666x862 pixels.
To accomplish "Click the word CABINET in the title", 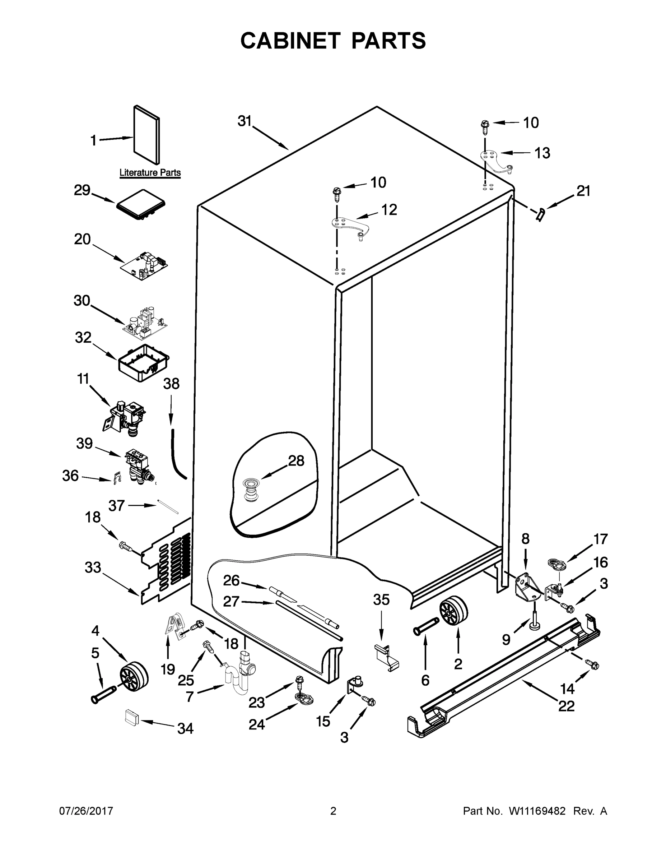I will click(x=290, y=41).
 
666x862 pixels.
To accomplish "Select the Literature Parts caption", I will click(x=150, y=172).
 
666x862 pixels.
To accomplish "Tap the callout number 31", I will click(x=244, y=121).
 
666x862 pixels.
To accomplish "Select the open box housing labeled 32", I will click(x=144, y=362).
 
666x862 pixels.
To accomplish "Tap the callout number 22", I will click(x=566, y=706).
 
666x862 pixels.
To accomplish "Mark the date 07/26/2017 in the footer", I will click(x=86, y=811).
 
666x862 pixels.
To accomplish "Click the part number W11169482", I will click(x=537, y=811).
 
